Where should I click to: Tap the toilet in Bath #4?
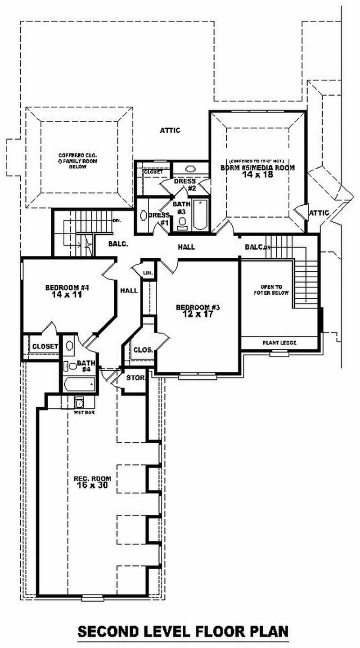coord(69,365)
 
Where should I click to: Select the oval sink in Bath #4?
coord(70,346)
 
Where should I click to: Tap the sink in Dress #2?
coord(191,170)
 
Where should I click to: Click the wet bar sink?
coord(79,401)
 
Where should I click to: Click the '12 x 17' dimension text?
coord(198,315)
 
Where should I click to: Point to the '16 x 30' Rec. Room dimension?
coord(93,485)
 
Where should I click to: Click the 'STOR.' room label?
coord(135,377)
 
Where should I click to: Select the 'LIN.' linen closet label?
coord(148,273)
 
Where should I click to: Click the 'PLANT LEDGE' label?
coord(279,343)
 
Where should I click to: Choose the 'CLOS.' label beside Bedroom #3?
coord(142,349)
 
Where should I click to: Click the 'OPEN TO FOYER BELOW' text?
coord(274,290)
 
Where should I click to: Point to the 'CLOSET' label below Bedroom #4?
coord(45,346)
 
